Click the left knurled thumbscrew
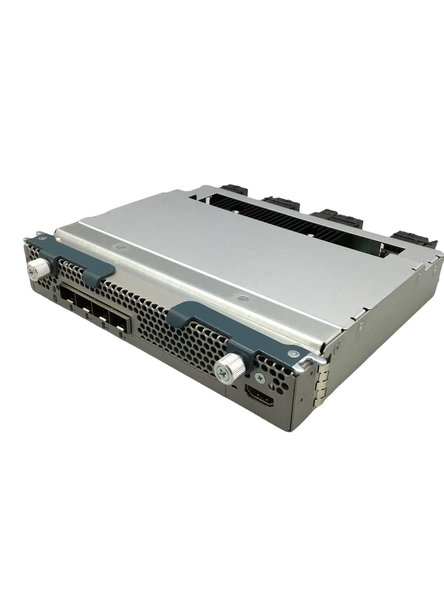point(38,269)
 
